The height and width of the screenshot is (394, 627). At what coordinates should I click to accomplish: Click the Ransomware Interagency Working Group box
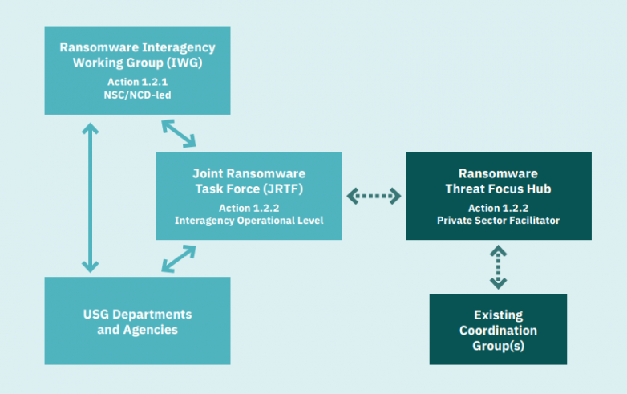137,70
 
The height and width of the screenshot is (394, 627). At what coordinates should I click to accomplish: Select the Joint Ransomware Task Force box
249,196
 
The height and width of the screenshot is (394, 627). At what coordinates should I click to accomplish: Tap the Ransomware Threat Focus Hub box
498,196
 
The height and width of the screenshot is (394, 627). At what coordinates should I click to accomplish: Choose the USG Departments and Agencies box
137,321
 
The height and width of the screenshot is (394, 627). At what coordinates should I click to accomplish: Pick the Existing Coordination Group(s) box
498,330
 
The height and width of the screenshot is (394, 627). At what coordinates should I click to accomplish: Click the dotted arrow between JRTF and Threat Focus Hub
374,195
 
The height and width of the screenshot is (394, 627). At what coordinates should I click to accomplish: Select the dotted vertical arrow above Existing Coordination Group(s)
498,266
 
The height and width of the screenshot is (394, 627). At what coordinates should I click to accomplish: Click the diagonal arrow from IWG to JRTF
179,133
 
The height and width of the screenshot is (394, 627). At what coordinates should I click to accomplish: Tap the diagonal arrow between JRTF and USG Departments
179,259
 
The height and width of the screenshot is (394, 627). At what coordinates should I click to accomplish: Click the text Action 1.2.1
137,82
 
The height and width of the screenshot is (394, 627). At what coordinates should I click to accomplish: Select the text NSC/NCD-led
137,95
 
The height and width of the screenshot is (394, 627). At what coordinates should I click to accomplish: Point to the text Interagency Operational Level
249,221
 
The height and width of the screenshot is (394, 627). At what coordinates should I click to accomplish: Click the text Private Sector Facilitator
498,221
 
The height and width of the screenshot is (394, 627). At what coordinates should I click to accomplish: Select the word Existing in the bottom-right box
498,315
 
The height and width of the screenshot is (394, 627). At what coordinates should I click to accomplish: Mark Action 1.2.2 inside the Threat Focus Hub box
498,208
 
